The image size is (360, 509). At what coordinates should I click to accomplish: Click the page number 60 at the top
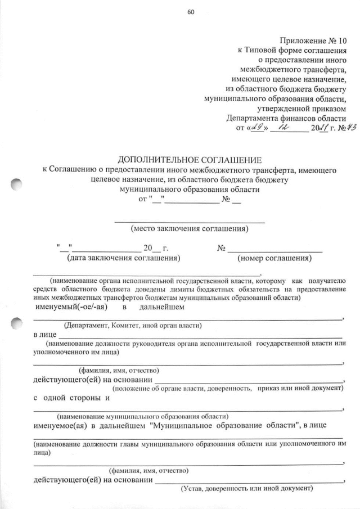pyautogui.click(x=190, y=13)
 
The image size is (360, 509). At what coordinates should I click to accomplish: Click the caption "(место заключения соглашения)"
pyautogui.click(x=190, y=229)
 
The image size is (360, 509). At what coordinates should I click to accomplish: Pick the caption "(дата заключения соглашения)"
pyautogui.click(x=123, y=259)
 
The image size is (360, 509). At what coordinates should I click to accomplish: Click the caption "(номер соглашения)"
pyautogui.click(x=274, y=259)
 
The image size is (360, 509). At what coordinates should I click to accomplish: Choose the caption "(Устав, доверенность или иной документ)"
pyautogui.click(x=246, y=489)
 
